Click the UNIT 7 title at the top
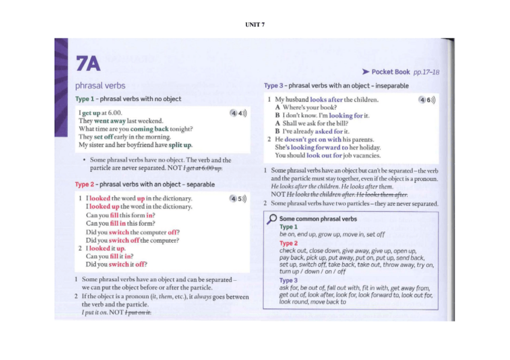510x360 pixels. tap(254, 24)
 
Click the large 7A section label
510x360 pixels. tap(88, 63)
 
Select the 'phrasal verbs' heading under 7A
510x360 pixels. tap(100, 85)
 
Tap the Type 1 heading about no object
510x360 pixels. tap(127, 99)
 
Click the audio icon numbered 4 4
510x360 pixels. tap(238, 113)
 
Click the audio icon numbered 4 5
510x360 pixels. tap(238, 199)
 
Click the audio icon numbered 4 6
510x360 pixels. tap(426, 100)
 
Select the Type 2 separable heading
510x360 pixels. tap(144, 185)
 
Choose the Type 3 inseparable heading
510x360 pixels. tap(336, 86)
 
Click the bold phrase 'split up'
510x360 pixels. tap(180, 145)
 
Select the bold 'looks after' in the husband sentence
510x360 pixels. tap(327, 100)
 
